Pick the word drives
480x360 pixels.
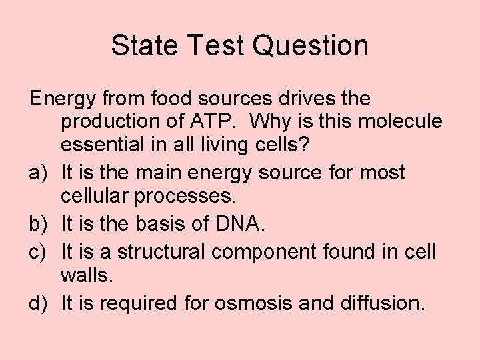pos(307,99)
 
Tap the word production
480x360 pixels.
pos(117,123)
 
